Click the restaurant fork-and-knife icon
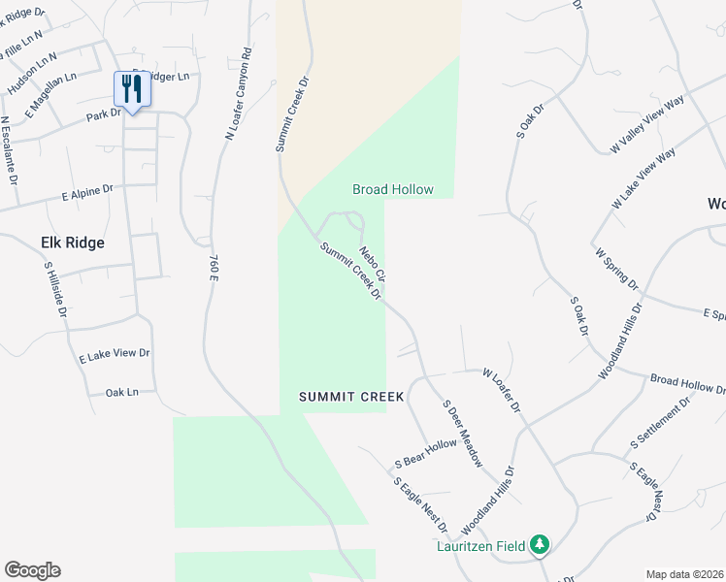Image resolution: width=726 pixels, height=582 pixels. (x=130, y=89)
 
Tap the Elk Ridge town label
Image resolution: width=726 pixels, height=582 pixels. (x=72, y=242)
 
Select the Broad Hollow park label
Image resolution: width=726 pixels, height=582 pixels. (x=392, y=189)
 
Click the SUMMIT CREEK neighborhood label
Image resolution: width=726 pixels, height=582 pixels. (x=338, y=396)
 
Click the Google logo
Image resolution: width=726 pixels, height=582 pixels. (x=32, y=570)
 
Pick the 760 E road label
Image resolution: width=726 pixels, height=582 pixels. (x=213, y=269)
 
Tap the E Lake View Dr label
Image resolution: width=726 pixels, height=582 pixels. (x=115, y=356)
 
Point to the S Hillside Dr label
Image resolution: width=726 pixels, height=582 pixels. (x=55, y=289)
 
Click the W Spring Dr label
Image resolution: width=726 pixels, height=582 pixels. (x=616, y=269)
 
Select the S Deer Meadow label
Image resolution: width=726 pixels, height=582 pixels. (x=462, y=434)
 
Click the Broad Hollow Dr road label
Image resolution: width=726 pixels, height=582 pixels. (x=687, y=384)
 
